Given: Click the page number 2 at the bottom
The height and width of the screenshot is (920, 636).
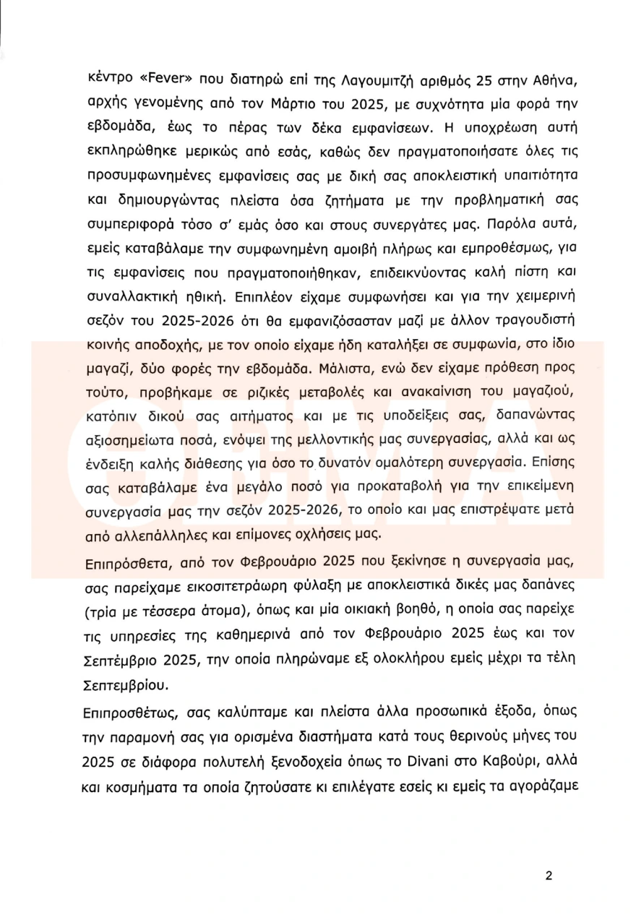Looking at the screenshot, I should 549,876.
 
